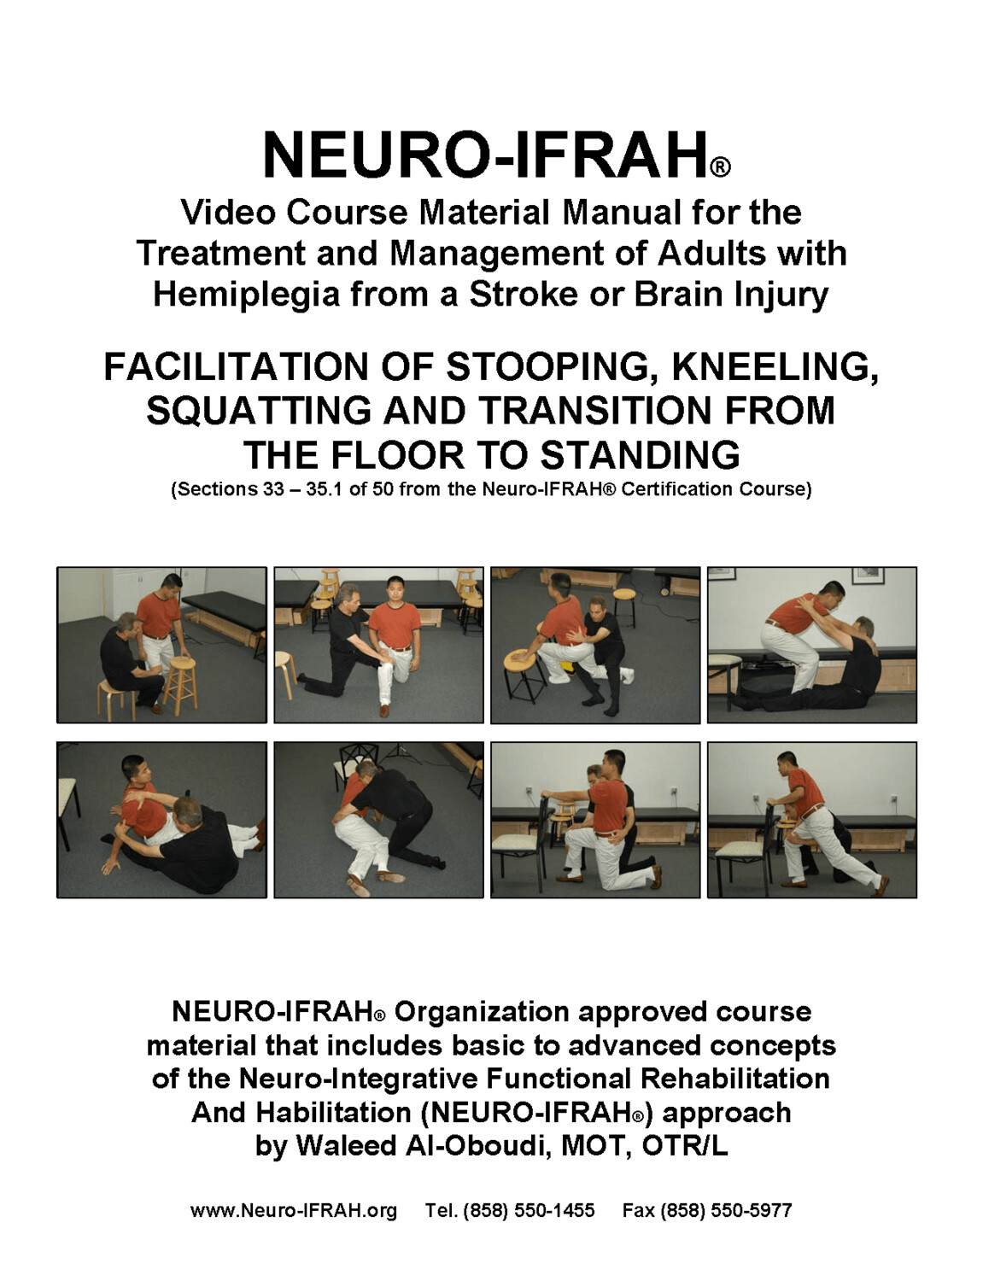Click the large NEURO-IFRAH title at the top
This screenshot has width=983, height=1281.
[484, 155]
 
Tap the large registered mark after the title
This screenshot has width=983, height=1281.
[720, 167]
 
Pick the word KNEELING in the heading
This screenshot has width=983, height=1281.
[774, 367]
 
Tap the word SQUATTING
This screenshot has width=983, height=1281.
[258, 411]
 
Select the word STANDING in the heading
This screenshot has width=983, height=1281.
[640, 455]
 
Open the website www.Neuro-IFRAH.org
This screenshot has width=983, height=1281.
[293, 1211]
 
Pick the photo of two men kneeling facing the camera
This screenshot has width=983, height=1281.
[378, 645]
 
